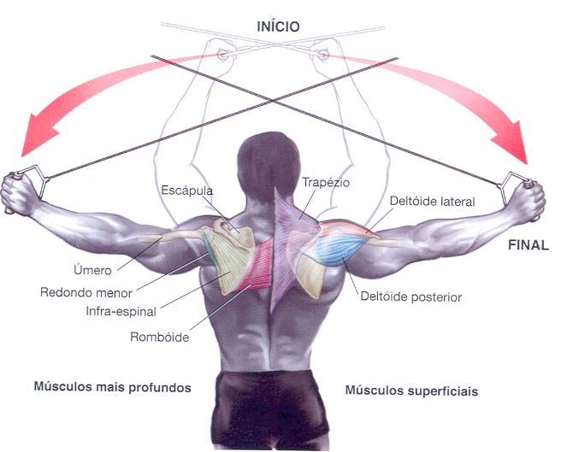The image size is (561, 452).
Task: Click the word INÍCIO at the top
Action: click(x=278, y=26)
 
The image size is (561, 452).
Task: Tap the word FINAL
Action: click(x=528, y=244)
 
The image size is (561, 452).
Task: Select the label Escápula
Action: click(x=186, y=191)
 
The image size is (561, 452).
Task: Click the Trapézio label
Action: click(x=326, y=182)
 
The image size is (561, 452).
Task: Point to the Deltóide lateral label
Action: click(x=432, y=202)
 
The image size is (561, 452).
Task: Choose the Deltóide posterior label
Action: click(x=412, y=297)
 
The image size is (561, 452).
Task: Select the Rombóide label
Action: click(x=159, y=336)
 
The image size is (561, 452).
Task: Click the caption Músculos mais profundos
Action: click(x=111, y=387)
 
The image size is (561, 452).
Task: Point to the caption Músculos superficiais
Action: click(x=411, y=390)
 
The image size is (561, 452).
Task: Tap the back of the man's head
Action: click(x=275, y=158)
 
